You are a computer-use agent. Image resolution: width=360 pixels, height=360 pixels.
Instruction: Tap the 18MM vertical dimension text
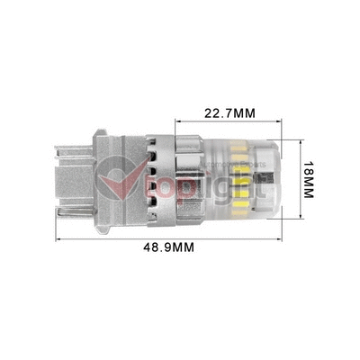click(x=307, y=180)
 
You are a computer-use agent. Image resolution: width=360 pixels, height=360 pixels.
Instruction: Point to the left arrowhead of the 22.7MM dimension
click(x=178, y=123)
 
